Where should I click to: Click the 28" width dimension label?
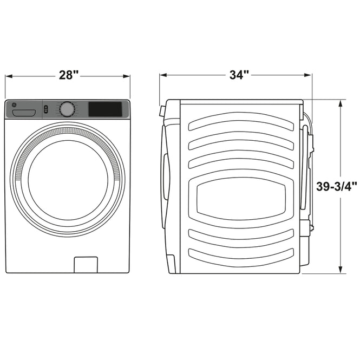tap(69, 75)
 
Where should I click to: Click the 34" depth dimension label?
tap(239, 75)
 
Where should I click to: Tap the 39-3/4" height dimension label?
tap(337, 186)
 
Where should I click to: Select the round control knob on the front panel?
tap(67, 109)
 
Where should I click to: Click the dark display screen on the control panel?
tap(105, 109)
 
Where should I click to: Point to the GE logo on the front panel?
tap(14, 105)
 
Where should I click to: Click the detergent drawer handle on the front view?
tap(24, 113)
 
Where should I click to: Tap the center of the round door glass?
tap(68, 180)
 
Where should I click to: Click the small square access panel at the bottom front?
tap(86, 265)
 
